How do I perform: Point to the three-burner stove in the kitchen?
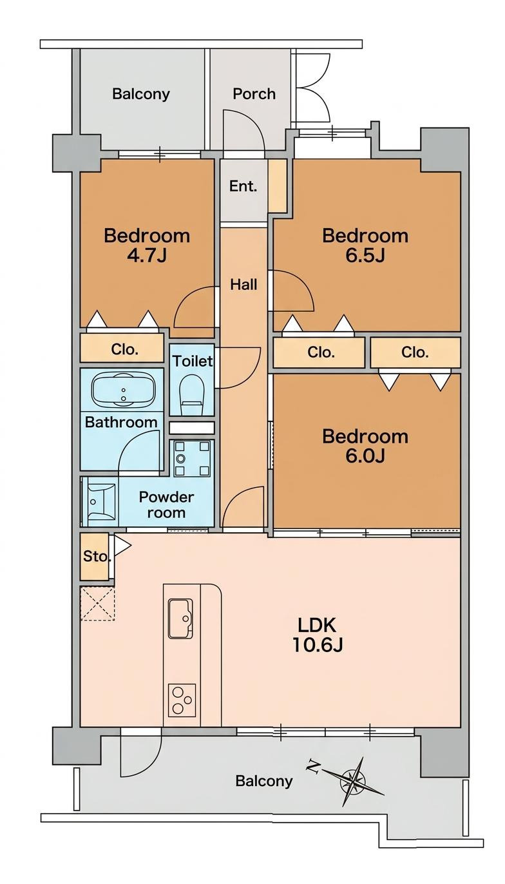tap(182, 700)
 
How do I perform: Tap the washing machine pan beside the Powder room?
tap(192, 458)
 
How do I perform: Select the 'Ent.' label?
tap(243, 186)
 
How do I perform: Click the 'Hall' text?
tap(243, 284)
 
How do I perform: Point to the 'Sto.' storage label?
tap(96, 557)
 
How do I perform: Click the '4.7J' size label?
tap(147, 255)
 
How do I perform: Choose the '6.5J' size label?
tap(365, 255)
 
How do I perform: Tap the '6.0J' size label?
tap(365, 456)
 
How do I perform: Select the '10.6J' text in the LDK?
tap(317, 645)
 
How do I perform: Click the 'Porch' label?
tap(254, 94)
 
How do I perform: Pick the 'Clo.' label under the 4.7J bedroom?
tap(125, 349)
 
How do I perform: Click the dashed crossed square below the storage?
tap(97, 604)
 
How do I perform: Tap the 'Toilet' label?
tap(193, 361)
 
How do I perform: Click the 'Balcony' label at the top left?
tap(141, 94)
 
